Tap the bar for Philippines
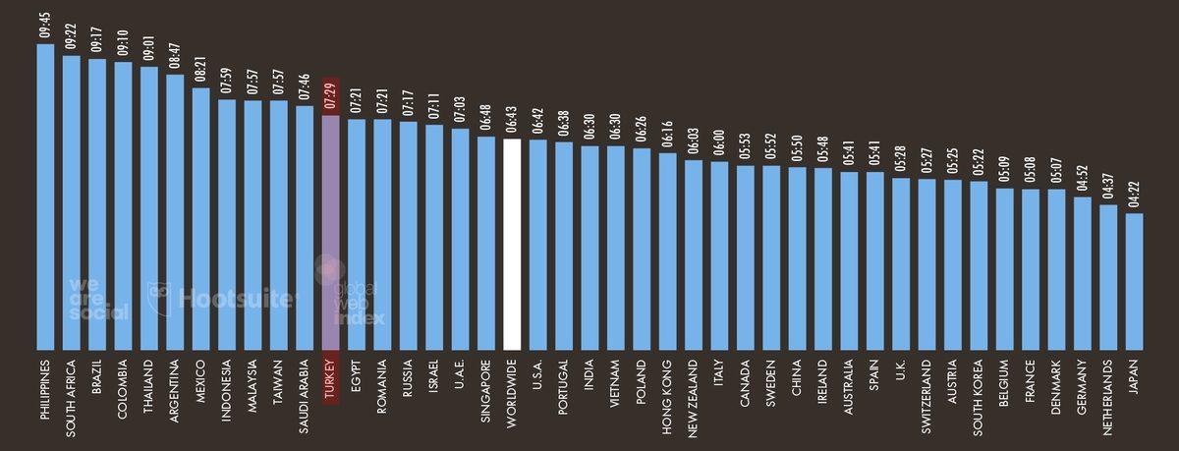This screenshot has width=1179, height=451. click(x=45, y=197)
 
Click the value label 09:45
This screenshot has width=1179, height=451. click(x=45, y=28)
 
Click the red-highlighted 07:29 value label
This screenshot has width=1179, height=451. click(x=331, y=95)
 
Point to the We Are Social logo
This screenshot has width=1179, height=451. click(x=98, y=299)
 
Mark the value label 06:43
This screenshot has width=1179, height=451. click(x=511, y=122)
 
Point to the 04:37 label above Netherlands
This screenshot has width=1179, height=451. click(x=1108, y=188)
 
